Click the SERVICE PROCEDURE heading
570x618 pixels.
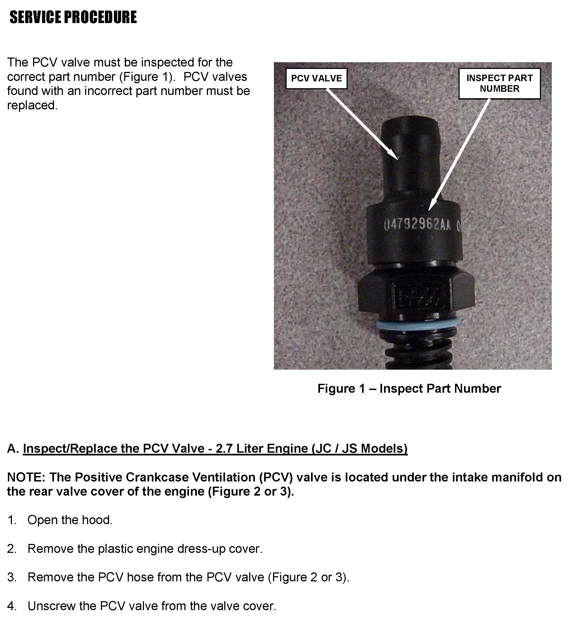click(x=73, y=17)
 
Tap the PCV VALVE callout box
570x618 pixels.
click(x=316, y=78)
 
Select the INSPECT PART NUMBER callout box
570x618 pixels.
click(x=499, y=83)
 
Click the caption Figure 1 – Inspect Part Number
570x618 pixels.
click(x=409, y=388)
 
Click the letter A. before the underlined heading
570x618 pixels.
click(x=14, y=449)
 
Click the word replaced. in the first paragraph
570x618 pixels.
click(x=32, y=106)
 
